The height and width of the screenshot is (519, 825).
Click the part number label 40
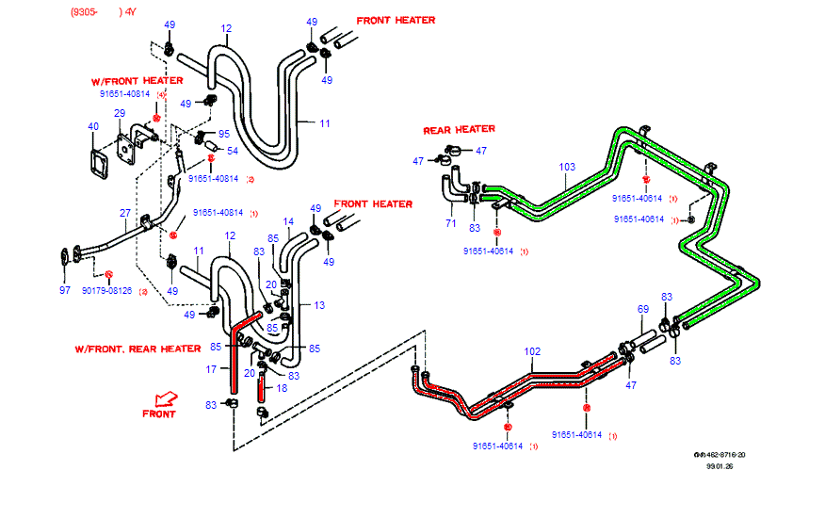(92, 127)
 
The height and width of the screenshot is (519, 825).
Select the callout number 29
(120, 114)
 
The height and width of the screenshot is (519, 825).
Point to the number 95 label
(224, 134)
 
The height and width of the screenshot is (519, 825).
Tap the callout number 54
(232, 151)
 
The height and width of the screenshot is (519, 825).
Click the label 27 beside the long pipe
(124, 213)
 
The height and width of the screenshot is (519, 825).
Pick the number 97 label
(65, 290)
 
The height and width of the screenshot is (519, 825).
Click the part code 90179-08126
(106, 291)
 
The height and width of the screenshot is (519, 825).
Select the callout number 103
(567, 168)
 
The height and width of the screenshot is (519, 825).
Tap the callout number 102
(533, 352)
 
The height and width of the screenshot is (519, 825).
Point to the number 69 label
(643, 309)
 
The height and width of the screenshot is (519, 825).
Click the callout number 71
(450, 223)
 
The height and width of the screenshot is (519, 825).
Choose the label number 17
(213, 369)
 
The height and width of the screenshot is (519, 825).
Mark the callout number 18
(281, 387)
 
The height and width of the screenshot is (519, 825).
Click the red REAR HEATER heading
(459, 130)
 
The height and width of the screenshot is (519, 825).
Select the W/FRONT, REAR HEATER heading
(137, 349)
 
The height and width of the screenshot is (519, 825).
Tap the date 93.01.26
(719, 465)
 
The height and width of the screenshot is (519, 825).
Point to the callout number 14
(288, 222)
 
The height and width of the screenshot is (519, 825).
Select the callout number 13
(318, 305)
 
